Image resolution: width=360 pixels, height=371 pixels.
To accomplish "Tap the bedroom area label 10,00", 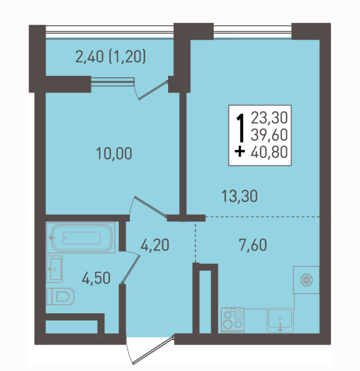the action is [x=114, y=154].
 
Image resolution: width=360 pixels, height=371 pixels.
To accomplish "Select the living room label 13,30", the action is [x=239, y=196].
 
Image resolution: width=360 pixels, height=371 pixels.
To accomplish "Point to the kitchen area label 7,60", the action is [x=253, y=245].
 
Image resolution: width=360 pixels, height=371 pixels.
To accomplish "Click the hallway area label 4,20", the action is [x=155, y=245].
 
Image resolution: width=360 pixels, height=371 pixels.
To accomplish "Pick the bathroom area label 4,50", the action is [x=96, y=278].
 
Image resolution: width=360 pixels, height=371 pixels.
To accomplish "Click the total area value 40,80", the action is [x=269, y=152].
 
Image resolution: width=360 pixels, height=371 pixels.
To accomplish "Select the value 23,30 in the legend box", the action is [x=269, y=118].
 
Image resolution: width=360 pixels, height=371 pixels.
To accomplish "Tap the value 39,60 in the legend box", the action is [x=269, y=135].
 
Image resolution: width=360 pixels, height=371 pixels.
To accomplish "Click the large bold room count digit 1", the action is [x=241, y=128].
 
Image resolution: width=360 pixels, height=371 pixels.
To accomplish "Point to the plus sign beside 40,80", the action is [x=239, y=152].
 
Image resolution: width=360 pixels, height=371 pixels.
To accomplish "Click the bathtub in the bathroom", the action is [x=81, y=237].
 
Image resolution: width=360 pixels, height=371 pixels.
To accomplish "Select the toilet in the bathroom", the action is [x=61, y=296].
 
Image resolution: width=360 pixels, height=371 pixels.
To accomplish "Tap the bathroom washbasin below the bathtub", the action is [x=54, y=269].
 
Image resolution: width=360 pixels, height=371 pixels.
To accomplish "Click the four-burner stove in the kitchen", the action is [x=233, y=320].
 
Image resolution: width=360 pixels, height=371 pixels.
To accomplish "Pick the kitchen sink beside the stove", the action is [x=280, y=320].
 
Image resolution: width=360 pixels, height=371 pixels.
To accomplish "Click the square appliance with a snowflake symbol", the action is [x=306, y=280].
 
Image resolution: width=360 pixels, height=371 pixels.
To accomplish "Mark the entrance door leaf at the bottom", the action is [x=154, y=350].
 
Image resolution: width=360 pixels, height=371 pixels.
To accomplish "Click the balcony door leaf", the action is [x=153, y=90].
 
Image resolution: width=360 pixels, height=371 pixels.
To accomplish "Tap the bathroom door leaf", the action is [x=131, y=269].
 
